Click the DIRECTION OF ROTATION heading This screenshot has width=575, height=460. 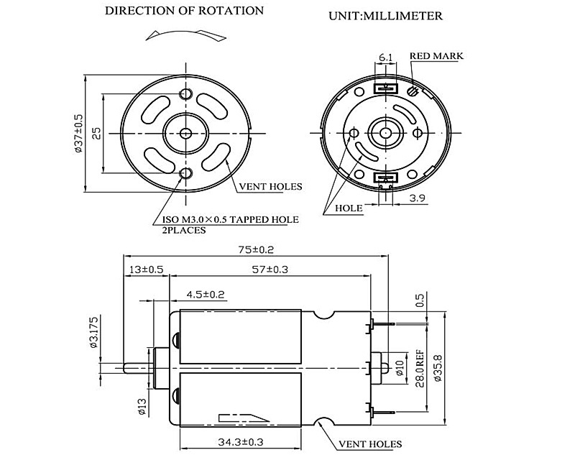pyautogui.click(x=184, y=11)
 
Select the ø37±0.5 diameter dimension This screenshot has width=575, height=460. pyautogui.click(x=79, y=133)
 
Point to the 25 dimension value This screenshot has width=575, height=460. pyautogui.click(x=96, y=133)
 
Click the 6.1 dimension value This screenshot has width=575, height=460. pyautogui.click(x=385, y=57)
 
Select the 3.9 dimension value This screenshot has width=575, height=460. pyautogui.click(x=417, y=196)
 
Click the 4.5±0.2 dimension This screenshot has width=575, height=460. pyautogui.click(x=206, y=294)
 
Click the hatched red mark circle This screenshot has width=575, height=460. pyautogui.click(x=412, y=91)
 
